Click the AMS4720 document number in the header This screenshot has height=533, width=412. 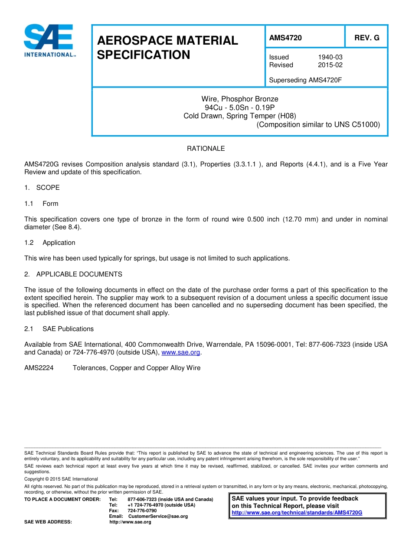point(285,38)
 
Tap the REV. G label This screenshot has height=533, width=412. point(366,38)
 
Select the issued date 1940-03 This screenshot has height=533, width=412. point(330,57)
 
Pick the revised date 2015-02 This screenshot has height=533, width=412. point(330,65)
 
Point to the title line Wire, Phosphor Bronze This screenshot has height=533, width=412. point(240,99)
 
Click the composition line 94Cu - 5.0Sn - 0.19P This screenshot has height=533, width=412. point(240,107)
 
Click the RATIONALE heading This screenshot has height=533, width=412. point(206,149)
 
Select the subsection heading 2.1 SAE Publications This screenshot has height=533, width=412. point(59,329)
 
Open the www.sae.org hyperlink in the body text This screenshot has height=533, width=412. point(181,353)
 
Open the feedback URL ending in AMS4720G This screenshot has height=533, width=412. point(297,513)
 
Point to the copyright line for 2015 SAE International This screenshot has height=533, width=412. point(61,479)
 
